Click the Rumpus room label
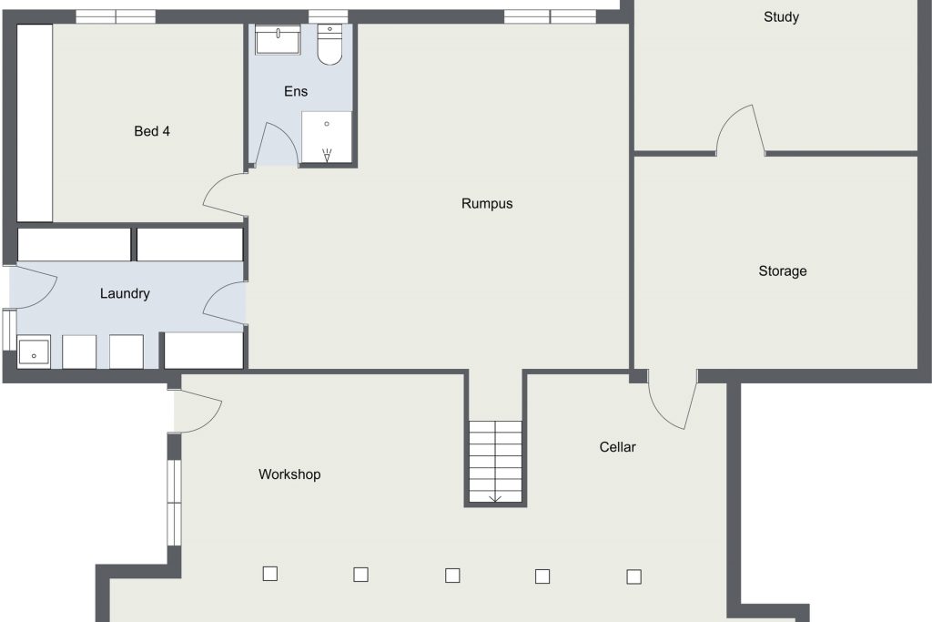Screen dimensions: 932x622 pos(487,203)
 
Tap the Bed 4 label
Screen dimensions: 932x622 pos(152,131)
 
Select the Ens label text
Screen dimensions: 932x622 pos(296,91)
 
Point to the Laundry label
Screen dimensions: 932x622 pos(125,293)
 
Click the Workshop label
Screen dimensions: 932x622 pos(289,474)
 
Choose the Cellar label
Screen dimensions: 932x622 pos(618,446)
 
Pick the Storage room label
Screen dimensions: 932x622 pos(783,271)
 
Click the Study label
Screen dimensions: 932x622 pos(781,16)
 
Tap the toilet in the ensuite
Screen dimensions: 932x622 pos(329,44)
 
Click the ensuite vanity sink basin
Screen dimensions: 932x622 pos(278,39)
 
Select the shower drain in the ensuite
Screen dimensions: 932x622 pos(327,124)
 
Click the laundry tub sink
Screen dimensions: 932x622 pos(34,352)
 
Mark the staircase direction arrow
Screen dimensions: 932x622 pos(496,499)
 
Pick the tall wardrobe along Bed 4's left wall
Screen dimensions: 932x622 pos(35,123)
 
